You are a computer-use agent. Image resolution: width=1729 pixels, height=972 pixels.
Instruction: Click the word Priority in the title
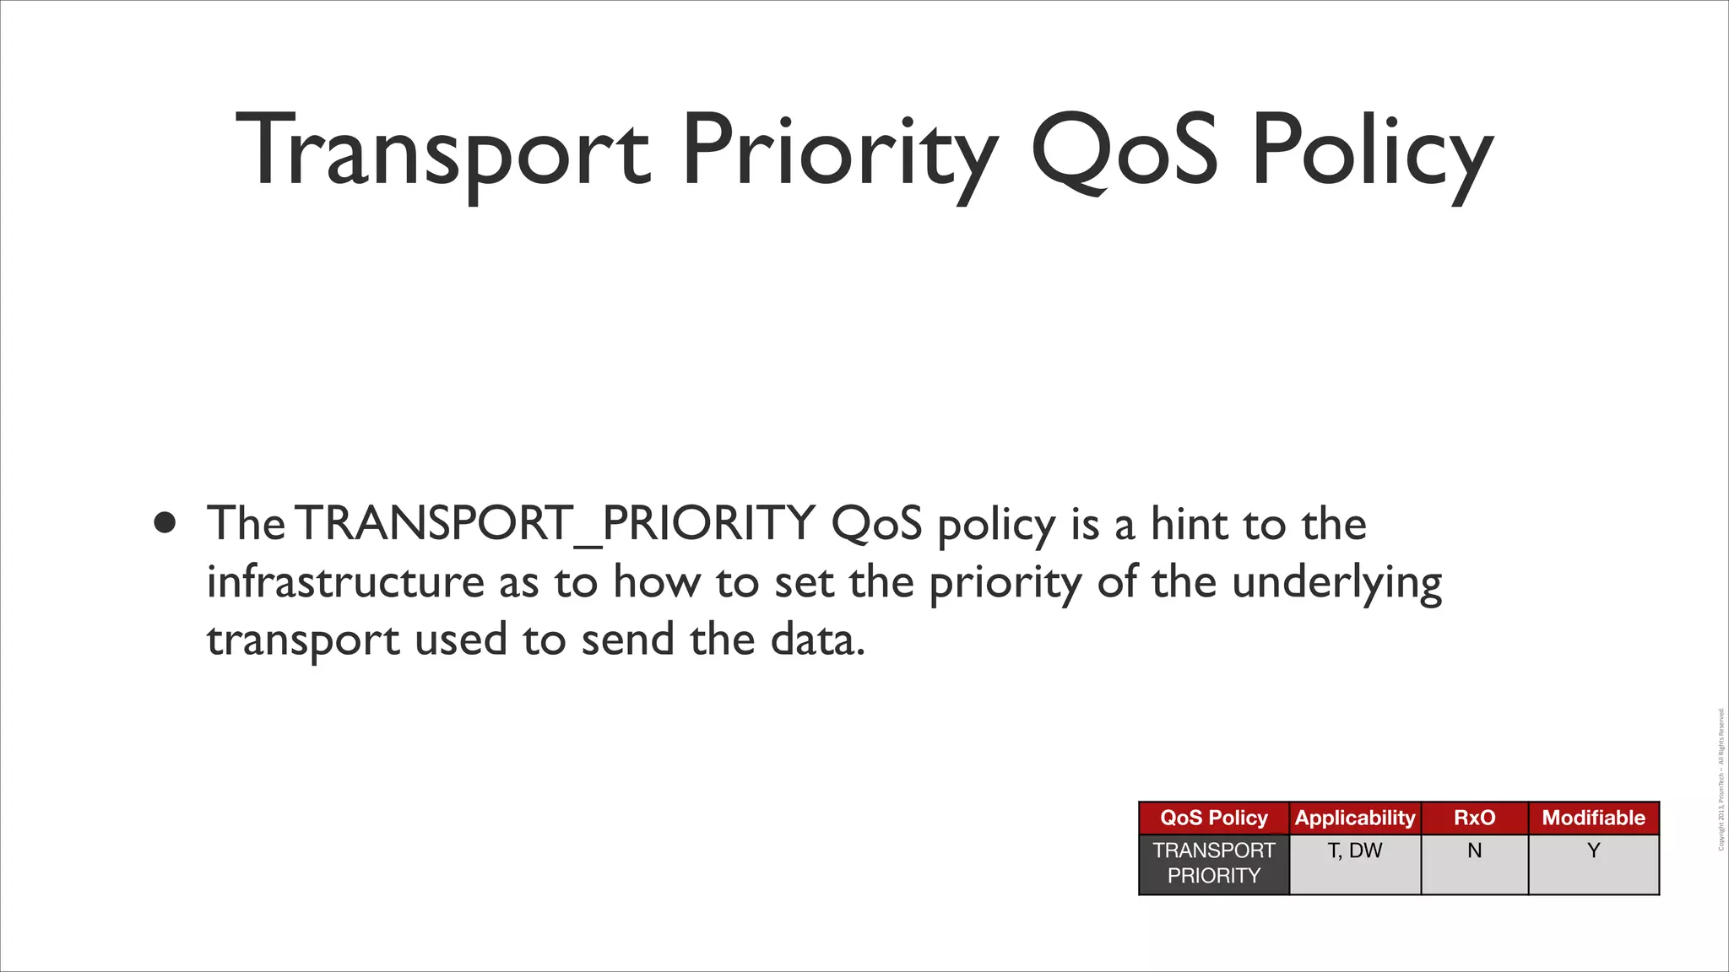click(839, 152)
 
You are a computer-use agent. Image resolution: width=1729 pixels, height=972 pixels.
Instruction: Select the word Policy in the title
click(1373, 152)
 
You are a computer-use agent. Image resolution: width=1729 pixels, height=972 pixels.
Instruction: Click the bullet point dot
click(165, 522)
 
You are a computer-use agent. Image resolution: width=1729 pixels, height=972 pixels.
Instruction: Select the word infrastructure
click(345, 582)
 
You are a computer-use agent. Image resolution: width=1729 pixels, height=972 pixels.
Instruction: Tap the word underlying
click(1337, 582)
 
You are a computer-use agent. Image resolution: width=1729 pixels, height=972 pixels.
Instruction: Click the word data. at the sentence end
click(818, 640)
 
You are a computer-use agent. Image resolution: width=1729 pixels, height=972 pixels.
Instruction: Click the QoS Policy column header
click(1213, 818)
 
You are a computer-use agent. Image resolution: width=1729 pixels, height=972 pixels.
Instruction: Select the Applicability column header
click(1355, 818)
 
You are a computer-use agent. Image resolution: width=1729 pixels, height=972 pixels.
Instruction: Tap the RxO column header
click(1474, 818)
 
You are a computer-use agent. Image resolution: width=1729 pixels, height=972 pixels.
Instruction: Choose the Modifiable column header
click(1593, 818)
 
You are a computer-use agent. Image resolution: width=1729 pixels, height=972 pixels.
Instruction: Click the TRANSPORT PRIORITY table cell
click(1213, 863)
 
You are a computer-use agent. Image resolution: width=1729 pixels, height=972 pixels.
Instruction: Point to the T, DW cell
click(1355, 850)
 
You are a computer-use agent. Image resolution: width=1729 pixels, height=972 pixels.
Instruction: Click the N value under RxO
click(1474, 850)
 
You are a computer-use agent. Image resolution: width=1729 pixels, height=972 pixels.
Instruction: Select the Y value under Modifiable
click(1593, 850)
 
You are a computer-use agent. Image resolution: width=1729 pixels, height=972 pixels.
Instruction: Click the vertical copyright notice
click(1721, 780)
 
